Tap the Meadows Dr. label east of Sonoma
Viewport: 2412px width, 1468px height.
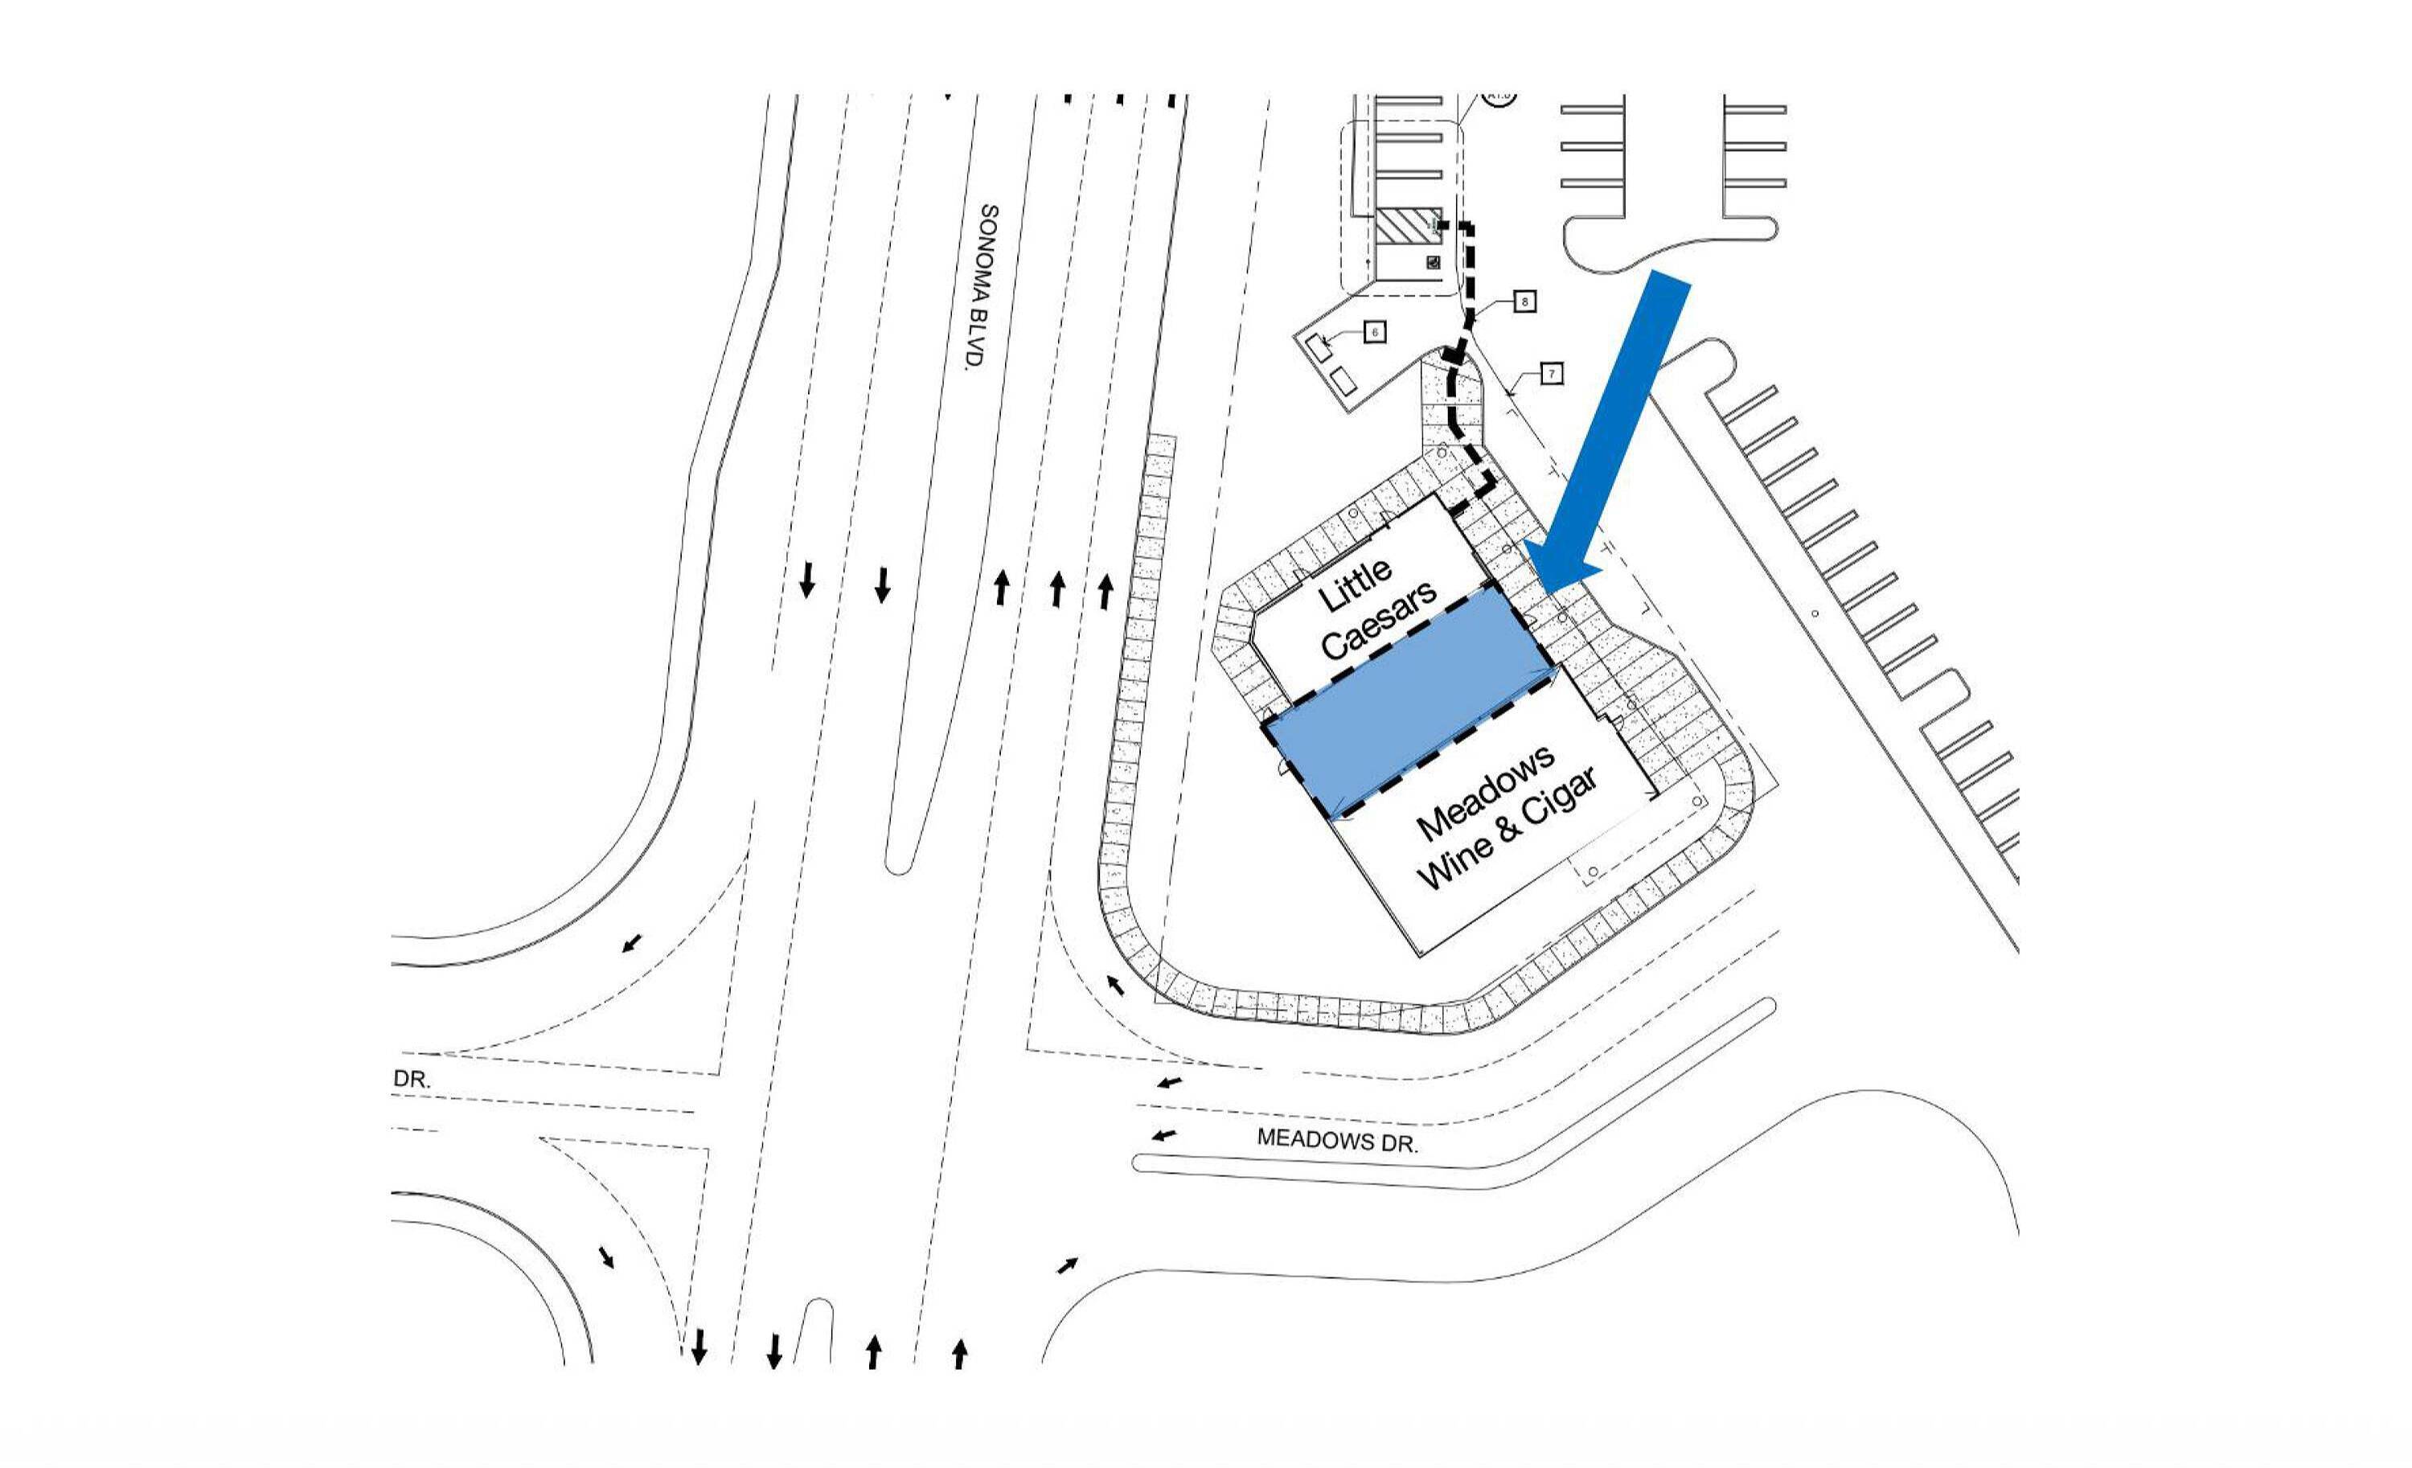(1337, 1140)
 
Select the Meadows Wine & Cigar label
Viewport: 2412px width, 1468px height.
(1504, 817)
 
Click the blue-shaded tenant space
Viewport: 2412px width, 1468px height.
(1409, 702)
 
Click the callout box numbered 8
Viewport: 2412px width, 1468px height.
(1524, 301)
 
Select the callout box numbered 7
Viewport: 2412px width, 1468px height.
(1551, 373)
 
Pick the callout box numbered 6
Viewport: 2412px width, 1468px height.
(1374, 333)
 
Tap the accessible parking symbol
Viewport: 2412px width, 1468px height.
(1432, 262)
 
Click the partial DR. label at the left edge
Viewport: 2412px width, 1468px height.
(411, 1079)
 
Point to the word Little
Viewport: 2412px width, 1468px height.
(1355, 585)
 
